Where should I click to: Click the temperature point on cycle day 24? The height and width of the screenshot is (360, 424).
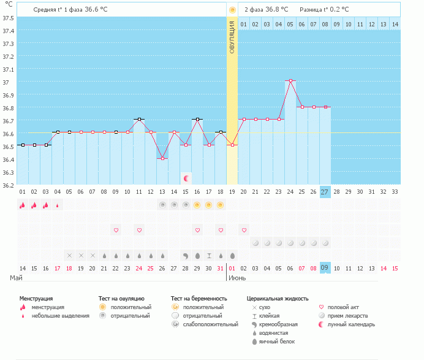coord(290,80)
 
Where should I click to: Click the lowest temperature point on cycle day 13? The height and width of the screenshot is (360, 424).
coord(162,158)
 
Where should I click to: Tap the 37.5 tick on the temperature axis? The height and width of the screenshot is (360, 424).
coord(9,18)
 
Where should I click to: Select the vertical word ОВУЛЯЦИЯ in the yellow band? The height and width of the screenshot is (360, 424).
coord(232,37)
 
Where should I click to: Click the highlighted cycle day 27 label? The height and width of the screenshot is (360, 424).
coord(325,192)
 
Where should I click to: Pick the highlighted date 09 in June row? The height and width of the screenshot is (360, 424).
coord(325,268)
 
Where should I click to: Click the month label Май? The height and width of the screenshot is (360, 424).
coord(17,278)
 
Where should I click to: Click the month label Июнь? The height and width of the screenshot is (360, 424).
coord(237,278)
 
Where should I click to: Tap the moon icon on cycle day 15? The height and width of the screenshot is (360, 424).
coord(186,178)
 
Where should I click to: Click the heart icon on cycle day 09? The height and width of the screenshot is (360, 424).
coord(116,230)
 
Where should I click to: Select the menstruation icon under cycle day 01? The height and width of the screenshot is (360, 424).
coord(22,205)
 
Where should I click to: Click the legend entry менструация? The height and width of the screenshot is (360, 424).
coord(48,307)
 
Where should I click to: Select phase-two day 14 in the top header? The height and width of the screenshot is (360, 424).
coord(395,24)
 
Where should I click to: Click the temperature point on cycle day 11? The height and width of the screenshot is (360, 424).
coord(139,119)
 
